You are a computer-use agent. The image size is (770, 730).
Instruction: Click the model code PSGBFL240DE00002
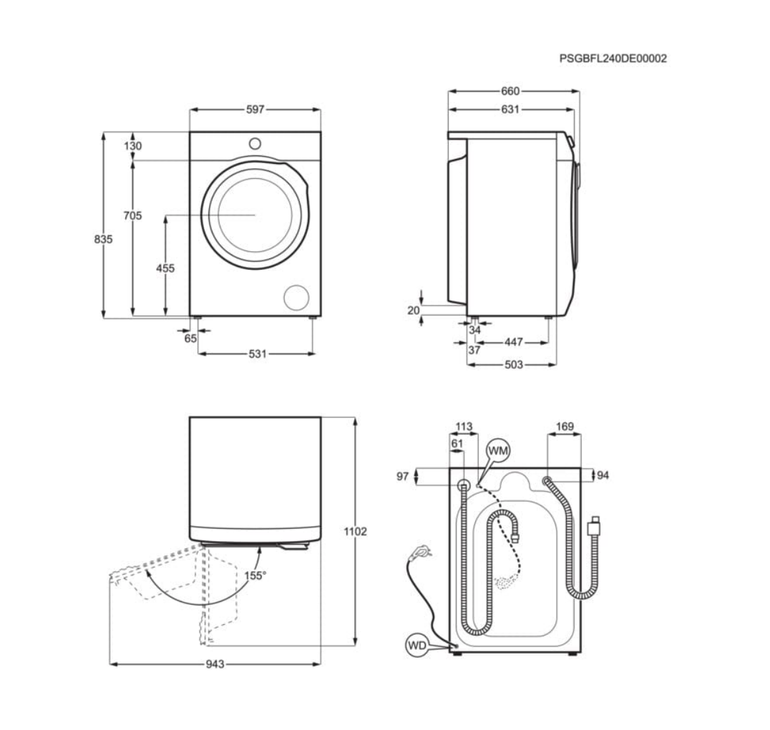coord(613,59)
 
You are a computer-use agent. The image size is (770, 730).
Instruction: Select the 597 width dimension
coord(255,109)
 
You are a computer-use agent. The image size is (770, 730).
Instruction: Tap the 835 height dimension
coord(103,239)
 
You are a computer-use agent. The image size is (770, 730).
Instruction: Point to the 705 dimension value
coord(132,215)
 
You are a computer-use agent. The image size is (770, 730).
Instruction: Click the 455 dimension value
coord(165,268)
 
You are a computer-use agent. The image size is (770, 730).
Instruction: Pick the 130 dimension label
coord(132,146)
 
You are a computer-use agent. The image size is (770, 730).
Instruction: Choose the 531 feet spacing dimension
coord(258,354)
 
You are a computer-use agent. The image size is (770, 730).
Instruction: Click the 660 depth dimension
coord(510,92)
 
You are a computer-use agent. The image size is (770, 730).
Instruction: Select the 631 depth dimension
coord(510,109)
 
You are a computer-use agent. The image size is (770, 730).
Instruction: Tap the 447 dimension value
coord(514,342)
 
